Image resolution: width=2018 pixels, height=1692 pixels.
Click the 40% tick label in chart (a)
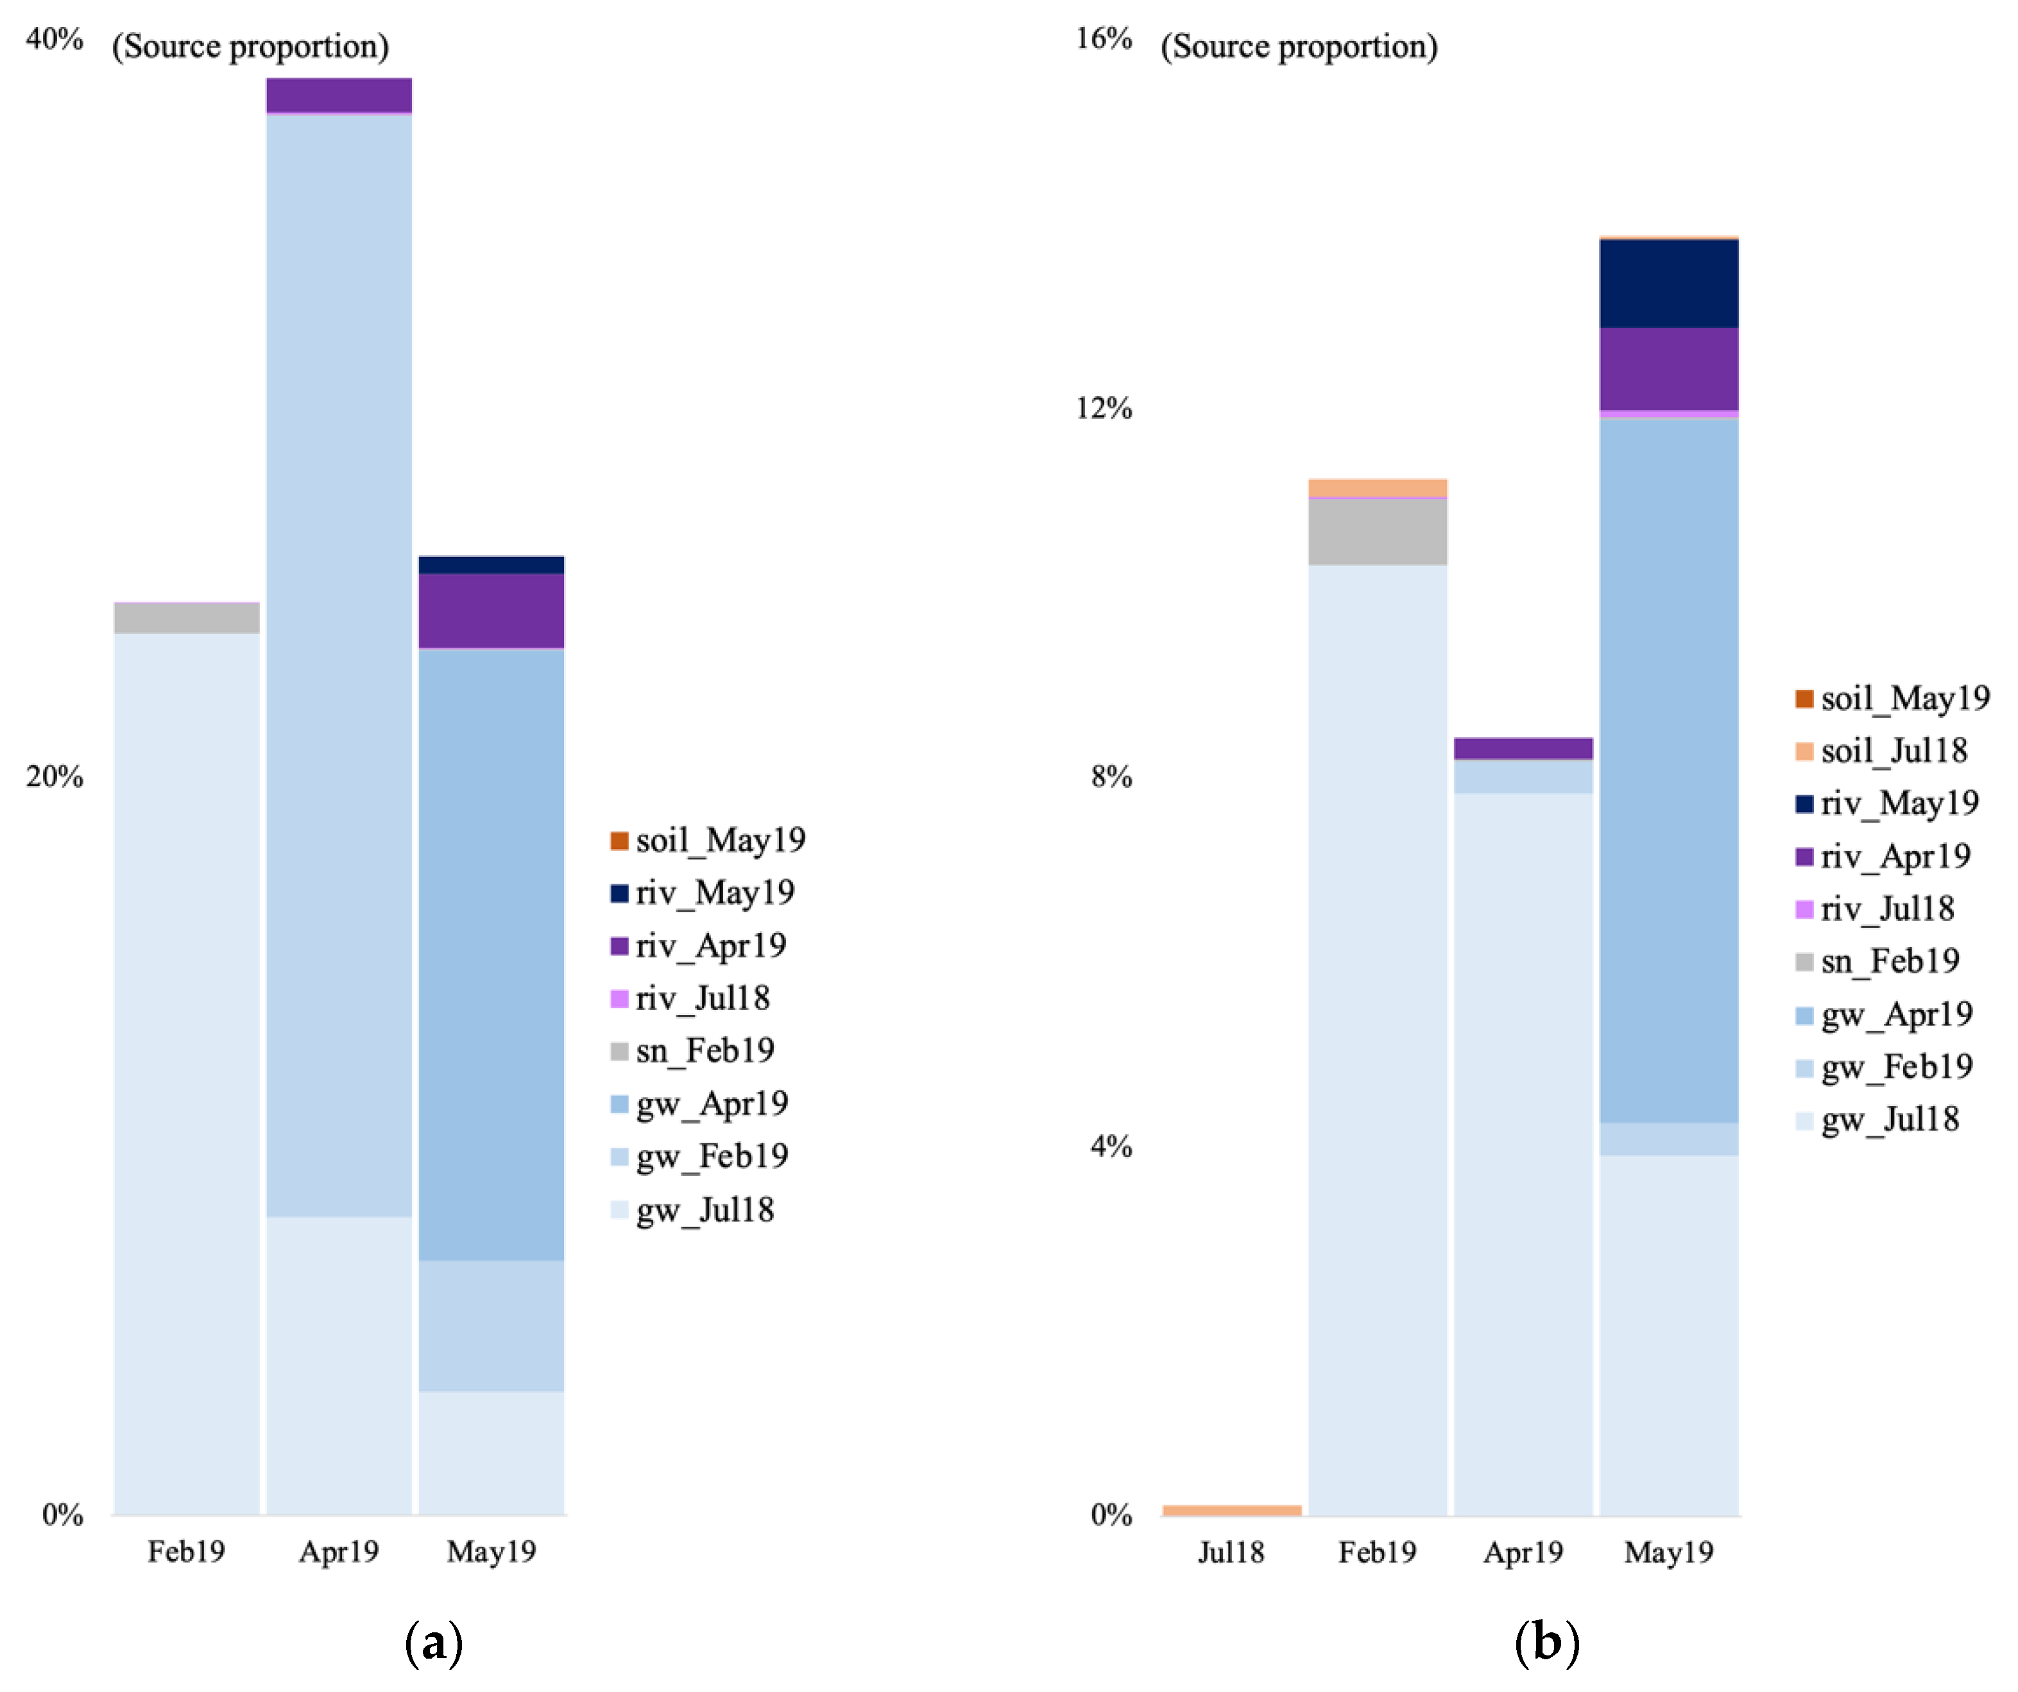54,39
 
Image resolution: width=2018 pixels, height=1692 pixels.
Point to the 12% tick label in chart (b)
1103,408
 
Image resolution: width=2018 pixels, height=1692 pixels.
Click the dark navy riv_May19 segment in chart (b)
1668,284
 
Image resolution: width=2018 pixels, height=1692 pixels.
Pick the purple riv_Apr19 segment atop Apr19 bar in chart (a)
338,95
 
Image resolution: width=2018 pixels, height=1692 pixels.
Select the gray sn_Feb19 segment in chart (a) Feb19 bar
187,618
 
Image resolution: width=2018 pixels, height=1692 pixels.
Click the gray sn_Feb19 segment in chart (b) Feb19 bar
1377,531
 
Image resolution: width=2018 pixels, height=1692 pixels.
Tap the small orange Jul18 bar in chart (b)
1231,1510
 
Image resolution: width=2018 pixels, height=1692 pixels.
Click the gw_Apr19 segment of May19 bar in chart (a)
491,954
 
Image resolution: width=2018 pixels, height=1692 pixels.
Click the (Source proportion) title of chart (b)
1298,46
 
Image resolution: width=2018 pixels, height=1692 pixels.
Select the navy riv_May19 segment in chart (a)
491,565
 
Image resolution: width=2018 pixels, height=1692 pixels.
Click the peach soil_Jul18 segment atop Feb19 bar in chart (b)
1377,488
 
